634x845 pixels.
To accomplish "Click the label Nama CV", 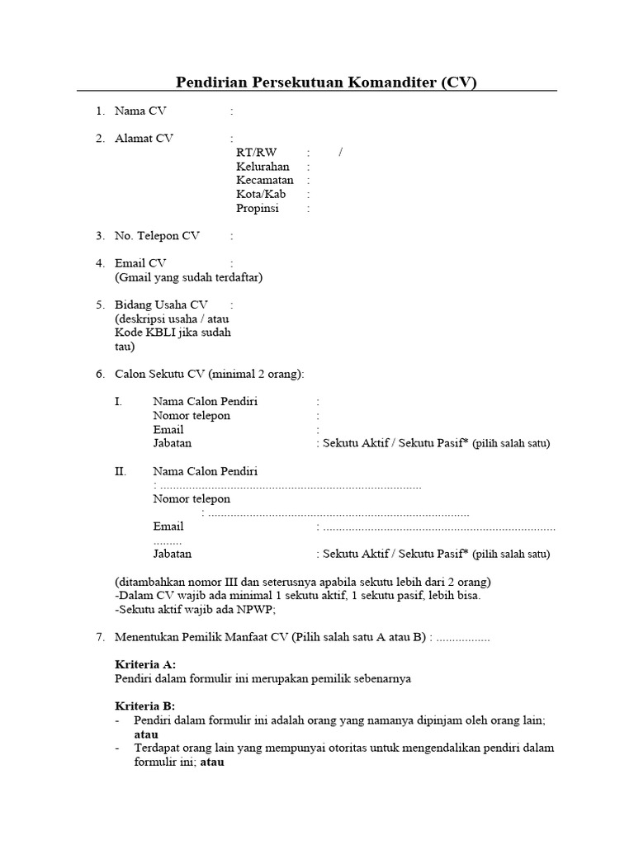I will pos(140,111).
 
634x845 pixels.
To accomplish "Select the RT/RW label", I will pos(256,153).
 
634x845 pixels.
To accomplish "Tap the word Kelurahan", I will pos(263,167).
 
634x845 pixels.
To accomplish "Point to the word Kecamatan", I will pos(264,181).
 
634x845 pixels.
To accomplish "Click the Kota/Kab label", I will pos(261,195).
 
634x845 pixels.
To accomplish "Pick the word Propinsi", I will pos(258,209).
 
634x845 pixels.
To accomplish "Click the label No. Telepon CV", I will pos(157,236).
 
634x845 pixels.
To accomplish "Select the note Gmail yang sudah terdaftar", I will pos(188,277).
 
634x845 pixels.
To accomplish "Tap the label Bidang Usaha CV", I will pos(161,304).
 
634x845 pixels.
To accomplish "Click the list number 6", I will pos(99,375).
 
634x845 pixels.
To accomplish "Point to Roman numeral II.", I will pos(121,471).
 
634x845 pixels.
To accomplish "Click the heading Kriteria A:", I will pos(144,664).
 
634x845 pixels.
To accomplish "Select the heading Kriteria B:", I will pos(144,706).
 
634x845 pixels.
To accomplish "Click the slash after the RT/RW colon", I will pos(340,153).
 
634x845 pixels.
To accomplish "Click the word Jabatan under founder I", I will pos(172,443).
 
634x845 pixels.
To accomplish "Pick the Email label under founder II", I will pos(168,526).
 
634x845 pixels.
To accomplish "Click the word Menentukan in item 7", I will pos(149,637).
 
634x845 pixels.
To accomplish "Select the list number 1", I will pos(99,111).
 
